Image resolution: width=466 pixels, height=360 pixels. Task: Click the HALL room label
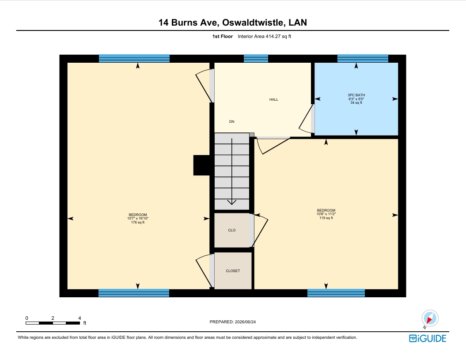pos(274,99)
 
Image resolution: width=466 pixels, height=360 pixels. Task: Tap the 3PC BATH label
pos(356,95)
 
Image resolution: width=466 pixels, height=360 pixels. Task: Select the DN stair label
pos(231,121)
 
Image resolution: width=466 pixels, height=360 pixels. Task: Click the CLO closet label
pos(232,231)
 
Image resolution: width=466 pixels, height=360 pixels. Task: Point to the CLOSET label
pos(233,271)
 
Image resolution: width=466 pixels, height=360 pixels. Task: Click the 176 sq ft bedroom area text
pos(138,222)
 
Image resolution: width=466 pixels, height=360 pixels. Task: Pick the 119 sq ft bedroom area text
pos(326,218)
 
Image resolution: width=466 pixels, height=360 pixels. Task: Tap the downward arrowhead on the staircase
pos(232,202)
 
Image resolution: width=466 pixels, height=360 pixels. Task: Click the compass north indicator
pos(430,318)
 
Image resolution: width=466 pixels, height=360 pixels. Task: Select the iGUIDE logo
pos(428,338)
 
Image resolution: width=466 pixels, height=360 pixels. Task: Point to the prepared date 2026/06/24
pos(245,322)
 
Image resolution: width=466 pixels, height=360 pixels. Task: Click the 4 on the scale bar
pos(80,318)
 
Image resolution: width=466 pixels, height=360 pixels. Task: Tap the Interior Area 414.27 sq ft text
pos(265,37)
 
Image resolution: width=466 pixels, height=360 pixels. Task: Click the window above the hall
pos(256,59)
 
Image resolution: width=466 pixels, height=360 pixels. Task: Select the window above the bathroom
pos(363,59)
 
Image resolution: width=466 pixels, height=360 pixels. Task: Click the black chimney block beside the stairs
pos(201,165)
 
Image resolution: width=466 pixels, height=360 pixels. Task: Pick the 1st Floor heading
pos(222,37)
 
